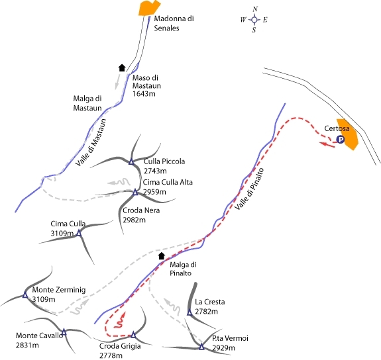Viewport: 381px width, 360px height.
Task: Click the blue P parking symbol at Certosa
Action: [x=341, y=140]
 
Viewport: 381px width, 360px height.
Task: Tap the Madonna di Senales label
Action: [x=174, y=23]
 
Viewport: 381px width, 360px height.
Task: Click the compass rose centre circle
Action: [x=254, y=19]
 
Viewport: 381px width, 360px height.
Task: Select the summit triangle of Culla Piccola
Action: [x=131, y=161]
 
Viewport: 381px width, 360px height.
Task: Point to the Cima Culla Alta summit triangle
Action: [x=135, y=193]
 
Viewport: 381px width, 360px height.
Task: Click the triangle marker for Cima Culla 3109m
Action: [x=79, y=233]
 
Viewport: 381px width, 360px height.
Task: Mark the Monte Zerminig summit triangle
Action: [x=25, y=295]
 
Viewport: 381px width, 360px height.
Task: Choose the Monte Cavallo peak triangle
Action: [x=64, y=332]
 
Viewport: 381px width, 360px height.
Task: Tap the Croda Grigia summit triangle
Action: [x=133, y=335]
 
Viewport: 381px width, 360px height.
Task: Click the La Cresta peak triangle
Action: [x=190, y=312]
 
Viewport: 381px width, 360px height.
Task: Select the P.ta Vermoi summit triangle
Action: [x=201, y=346]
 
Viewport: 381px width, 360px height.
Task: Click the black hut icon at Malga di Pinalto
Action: [x=162, y=256]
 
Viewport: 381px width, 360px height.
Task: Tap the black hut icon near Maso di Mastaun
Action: [x=122, y=67]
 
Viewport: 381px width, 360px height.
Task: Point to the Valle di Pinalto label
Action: [x=249, y=189]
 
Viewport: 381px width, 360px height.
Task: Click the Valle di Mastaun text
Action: [x=91, y=142]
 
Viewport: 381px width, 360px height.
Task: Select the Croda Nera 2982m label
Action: [x=141, y=215]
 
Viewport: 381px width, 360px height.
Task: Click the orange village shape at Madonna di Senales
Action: [x=149, y=8]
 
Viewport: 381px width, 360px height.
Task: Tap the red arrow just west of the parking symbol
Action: [x=327, y=145]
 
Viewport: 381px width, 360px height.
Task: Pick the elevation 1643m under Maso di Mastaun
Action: [x=144, y=94]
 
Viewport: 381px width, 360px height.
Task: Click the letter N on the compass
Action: [x=255, y=9]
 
